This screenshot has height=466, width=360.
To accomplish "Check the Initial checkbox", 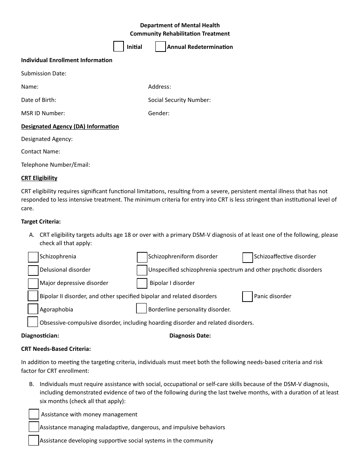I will coord(119,46).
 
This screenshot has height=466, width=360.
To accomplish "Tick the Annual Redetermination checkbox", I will coord(161,47).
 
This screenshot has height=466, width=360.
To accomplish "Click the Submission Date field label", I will coord(44,73).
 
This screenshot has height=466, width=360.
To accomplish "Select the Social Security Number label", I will coord(179,100).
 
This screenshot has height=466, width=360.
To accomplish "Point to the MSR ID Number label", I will coord(43,113).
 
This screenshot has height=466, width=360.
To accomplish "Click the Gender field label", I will coord(159,113).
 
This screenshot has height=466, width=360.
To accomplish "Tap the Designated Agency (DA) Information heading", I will coord(70,127).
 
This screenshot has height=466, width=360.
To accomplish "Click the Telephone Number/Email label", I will coord(55,165).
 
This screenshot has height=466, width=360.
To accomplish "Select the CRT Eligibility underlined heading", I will coord(39,178).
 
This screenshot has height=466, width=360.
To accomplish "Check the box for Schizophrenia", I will coord(33,257).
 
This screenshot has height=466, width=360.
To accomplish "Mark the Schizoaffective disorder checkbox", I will coord(247,257).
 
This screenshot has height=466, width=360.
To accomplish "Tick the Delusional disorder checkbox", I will coord(33,270).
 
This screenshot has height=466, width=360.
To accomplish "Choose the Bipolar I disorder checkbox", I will coord(142,283).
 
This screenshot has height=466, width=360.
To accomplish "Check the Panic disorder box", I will coord(247,296).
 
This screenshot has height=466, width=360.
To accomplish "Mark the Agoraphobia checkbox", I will coord(33,309).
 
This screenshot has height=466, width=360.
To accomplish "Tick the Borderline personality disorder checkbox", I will coord(141,309).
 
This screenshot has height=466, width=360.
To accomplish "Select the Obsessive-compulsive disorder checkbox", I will coord(33,322).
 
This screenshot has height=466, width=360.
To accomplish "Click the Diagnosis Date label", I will coord(190,336).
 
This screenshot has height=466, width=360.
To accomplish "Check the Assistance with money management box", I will coord(34,414).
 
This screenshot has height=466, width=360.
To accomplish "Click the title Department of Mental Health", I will coord(180,25).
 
